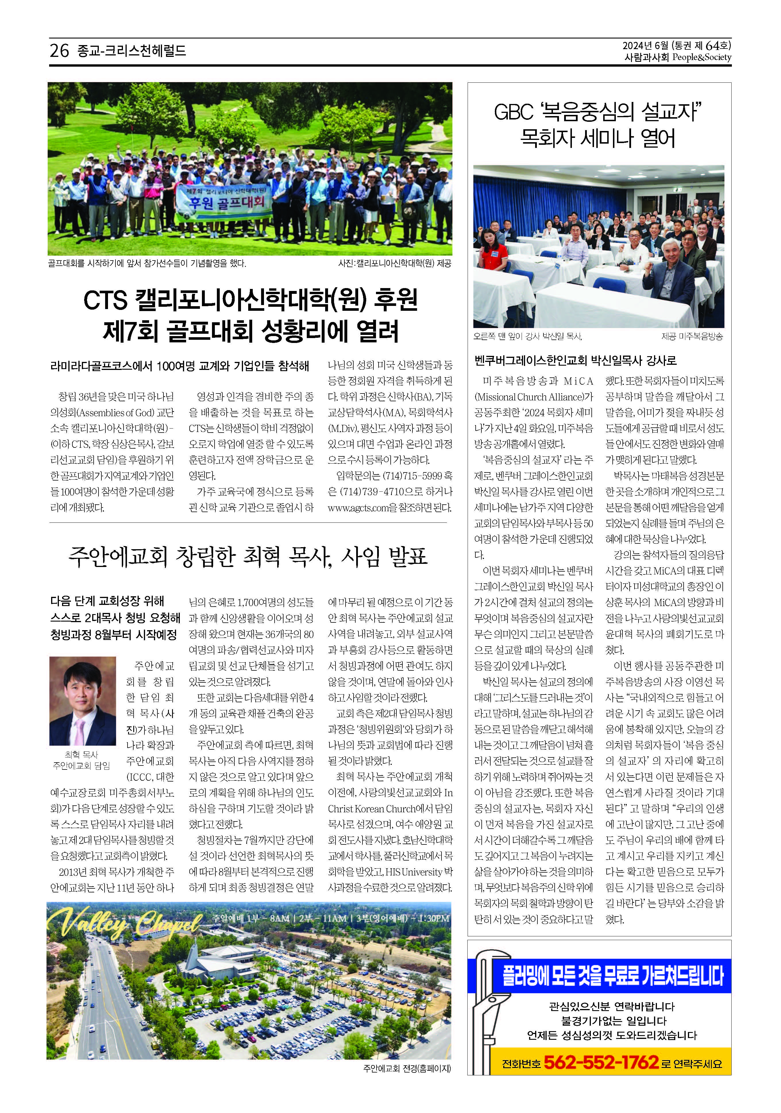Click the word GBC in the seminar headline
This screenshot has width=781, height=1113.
(x=512, y=113)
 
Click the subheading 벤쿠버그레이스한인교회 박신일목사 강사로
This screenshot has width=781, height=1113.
(x=575, y=361)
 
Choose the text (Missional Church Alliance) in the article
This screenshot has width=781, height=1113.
(x=533, y=397)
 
